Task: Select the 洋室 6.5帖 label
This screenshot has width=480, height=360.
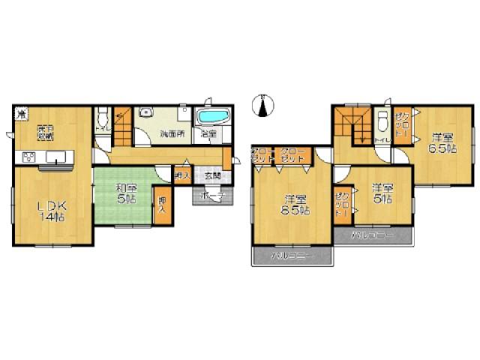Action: (x=443, y=143)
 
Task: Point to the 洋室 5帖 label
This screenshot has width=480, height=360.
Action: (x=381, y=193)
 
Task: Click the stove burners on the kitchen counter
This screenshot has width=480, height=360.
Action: (x=30, y=157)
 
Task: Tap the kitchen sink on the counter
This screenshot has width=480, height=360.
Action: (x=57, y=157)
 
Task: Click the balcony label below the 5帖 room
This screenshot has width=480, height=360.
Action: (x=382, y=235)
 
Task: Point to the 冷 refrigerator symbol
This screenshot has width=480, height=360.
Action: (x=22, y=115)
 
